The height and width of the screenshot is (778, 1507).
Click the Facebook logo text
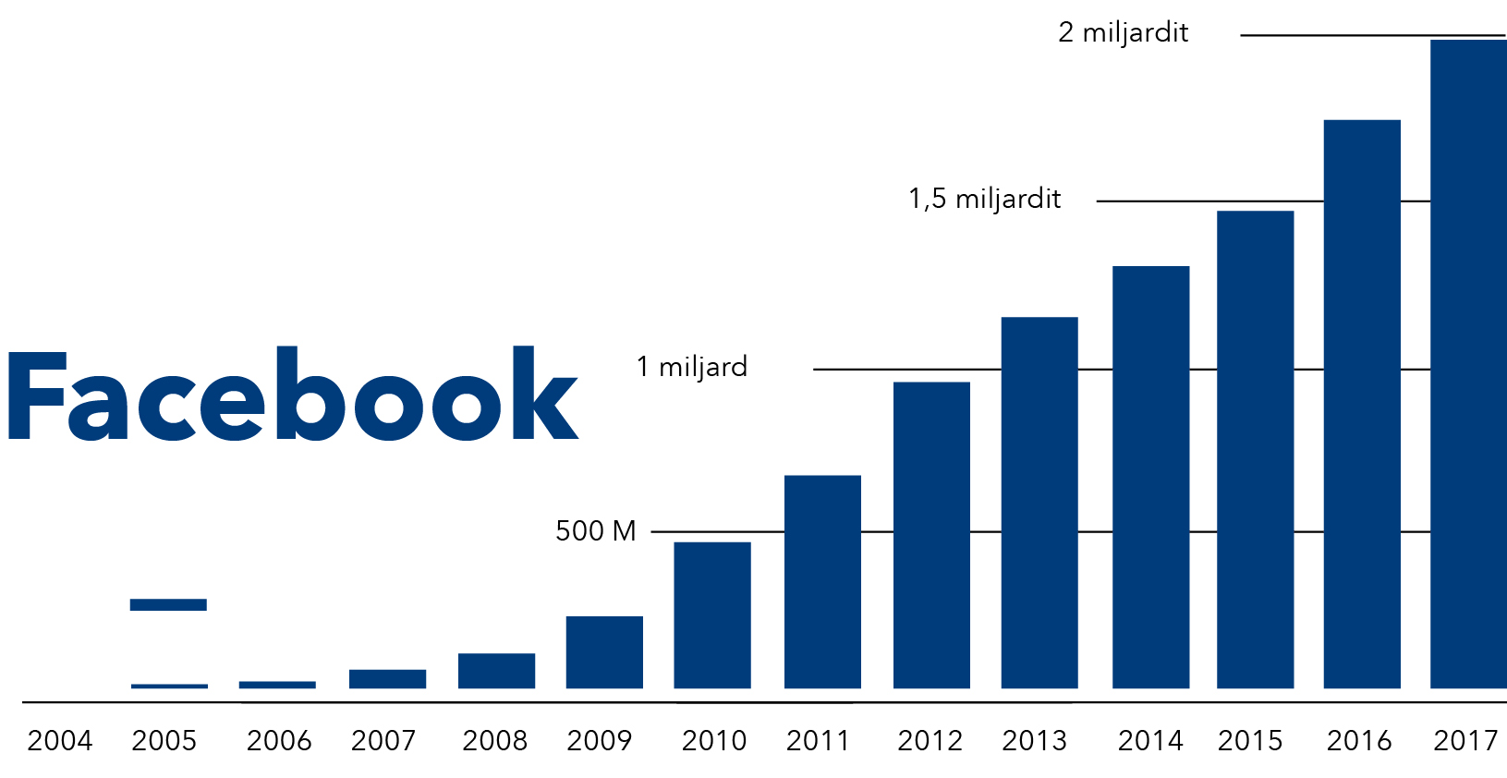[293, 394]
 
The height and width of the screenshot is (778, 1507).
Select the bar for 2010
[712, 615]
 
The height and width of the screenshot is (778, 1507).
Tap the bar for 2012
[931, 535]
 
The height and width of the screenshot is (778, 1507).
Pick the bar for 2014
[1151, 477]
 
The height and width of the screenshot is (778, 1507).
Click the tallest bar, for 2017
[1468, 364]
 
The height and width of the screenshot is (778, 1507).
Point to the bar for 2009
[605, 652]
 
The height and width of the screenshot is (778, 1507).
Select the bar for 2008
[496, 671]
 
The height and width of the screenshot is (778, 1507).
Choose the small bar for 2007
[387, 679]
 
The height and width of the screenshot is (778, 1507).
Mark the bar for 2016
[1362, 404]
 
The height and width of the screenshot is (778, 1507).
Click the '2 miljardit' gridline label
[1123, 32]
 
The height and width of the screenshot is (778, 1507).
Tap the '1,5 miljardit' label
[985, 200]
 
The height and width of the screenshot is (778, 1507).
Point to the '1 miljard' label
[692, 367]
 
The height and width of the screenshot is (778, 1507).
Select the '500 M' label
[595, 531]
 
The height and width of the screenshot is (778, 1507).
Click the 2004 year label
[60, 741]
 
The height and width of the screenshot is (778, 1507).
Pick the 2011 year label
[818, 741]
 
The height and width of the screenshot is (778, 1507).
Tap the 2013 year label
[1035, 741]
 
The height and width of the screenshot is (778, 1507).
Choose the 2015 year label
[1251, 741]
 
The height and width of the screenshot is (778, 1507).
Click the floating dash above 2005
[168, 604]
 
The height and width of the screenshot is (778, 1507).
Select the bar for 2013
[1039, 503]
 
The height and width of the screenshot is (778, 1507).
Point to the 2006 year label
[279, 741]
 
